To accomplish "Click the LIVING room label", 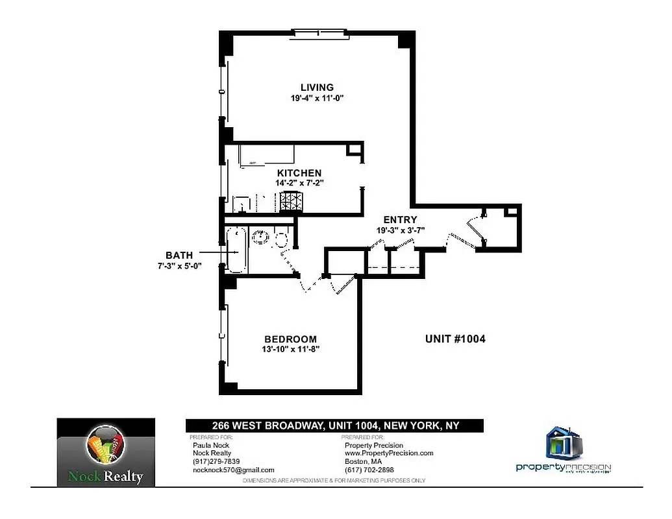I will click(x=317, y=88).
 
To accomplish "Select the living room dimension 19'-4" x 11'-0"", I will click(x=317, y=99).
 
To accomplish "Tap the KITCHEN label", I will click(x=299, y=173).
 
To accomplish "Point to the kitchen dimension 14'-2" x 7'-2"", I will click(x=299, y=184).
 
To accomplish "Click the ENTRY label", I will click(x=400, y=220).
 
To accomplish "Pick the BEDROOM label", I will click(x=290, y=339).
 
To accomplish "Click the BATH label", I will click(x=179, y=256).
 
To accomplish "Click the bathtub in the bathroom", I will click(x=236, y=249).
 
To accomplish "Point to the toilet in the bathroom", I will click(x=282, y=239).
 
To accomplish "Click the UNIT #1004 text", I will click(x=455, y=339).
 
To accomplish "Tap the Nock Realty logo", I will click(x=106, y=452).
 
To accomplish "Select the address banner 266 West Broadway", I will click(x=334, y=426).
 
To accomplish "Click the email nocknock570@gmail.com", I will click(x=234, y=470).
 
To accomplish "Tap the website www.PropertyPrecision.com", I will click(x=388, y=453).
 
